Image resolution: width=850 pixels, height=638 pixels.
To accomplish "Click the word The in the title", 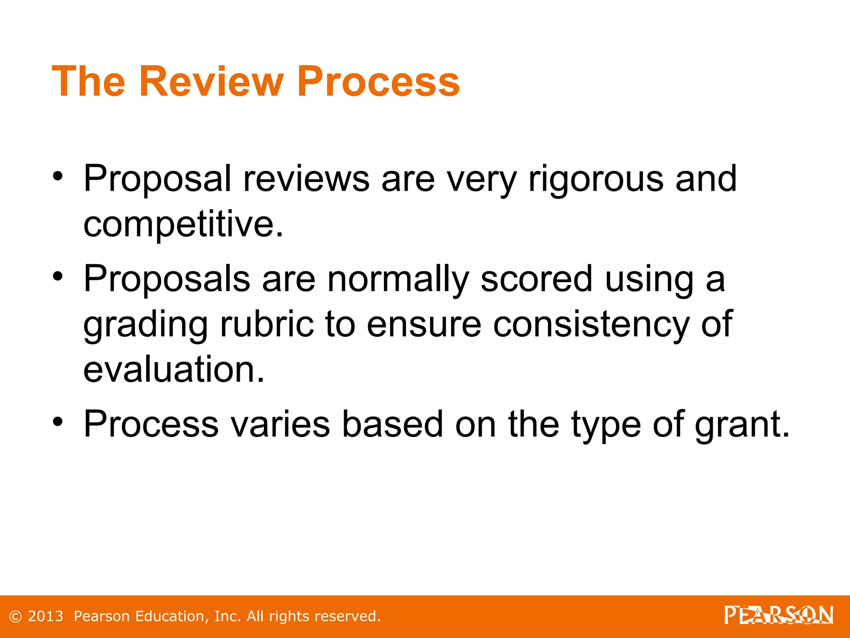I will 88,81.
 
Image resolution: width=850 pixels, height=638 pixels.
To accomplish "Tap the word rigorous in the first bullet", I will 596,179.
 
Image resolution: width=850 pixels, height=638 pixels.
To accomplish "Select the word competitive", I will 183,224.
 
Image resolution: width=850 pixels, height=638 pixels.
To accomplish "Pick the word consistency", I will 591,325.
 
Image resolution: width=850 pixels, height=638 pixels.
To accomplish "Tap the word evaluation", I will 173,369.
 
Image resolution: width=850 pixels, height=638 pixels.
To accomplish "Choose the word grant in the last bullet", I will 742,425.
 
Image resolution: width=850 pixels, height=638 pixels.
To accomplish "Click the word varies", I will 280,425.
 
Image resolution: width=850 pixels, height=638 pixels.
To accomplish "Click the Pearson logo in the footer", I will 779,616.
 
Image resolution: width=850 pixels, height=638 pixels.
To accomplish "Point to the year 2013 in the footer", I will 45,616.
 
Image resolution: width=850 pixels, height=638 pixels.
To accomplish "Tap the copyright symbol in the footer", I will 15,616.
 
